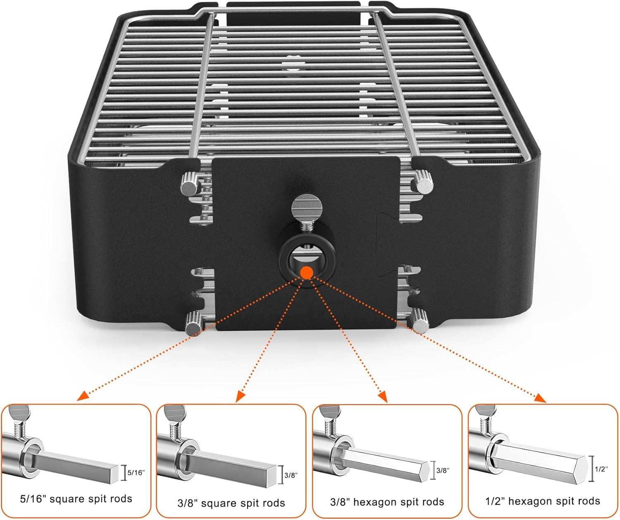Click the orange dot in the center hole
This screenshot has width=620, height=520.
[306, 272]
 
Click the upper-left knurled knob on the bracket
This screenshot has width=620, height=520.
[189, 185]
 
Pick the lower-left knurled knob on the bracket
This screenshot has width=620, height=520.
[193, 323]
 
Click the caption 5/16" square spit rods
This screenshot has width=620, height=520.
[76, 499]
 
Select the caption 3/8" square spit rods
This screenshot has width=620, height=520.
[231, 503]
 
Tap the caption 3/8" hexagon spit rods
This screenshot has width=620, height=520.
[387, 502]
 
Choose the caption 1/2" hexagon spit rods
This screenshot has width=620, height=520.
[542, 501]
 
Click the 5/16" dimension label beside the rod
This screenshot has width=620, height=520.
[137, 472]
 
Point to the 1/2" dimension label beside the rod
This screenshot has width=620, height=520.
[602, 469]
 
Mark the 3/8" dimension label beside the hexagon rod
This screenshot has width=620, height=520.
[443, 470]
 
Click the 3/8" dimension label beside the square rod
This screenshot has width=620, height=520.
[291, 475]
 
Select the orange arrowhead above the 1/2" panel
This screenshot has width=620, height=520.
[541, 398]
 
